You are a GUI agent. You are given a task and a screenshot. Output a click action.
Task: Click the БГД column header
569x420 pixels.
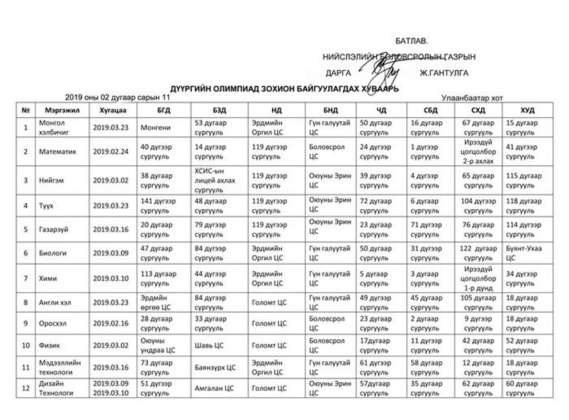coord(164,111)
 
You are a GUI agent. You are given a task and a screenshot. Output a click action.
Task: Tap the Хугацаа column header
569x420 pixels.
coord(111,111)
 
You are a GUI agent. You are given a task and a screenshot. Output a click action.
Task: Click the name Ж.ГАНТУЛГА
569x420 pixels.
coord(444,73)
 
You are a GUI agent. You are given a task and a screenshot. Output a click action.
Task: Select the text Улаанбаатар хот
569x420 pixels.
coord(472,98)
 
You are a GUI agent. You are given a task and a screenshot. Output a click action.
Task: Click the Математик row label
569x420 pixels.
coord(58,151)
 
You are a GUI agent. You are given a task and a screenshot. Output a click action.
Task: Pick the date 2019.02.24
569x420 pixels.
coord(111,151)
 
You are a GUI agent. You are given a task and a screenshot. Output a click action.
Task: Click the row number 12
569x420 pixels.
coord(26,388)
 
